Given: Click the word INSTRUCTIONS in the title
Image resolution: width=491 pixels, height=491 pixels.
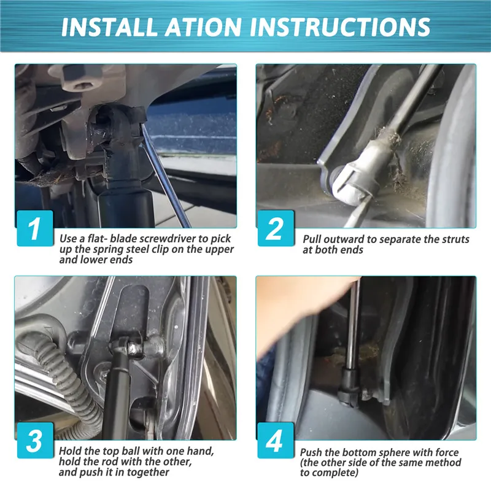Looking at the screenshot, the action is pyautogui.click(x=340, y=26).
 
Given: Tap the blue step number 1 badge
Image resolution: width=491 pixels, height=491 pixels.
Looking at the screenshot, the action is pyautogui.click(x=35, y=228).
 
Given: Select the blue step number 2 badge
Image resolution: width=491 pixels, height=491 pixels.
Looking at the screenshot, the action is pyautogui.click(x=276, y=228).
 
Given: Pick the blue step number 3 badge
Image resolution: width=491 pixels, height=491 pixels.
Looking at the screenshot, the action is pyautogui.click(x=35, y=440).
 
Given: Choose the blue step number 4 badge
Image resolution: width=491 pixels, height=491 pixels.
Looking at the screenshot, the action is pyautogui.click(x=276, y=440).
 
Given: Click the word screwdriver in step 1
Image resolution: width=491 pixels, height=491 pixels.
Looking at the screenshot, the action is pyautogui.click(x=168, y=239).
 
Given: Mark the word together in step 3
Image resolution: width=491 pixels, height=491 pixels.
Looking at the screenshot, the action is pyautogui.click(x=149, y=472).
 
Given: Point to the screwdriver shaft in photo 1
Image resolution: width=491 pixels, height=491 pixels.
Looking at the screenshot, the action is pyautogui.click(x=165, y=176).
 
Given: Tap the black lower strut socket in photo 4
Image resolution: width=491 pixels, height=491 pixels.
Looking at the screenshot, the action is pyautogui.click(x=349, y=385).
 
